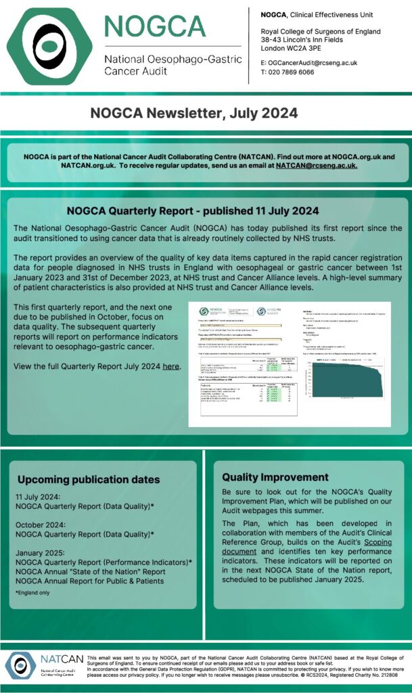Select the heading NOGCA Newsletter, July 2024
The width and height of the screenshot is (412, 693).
point(194,113)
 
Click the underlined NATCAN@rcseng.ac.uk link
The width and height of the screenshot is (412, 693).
point(316,165)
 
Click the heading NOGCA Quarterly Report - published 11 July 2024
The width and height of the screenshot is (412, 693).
point(193,210)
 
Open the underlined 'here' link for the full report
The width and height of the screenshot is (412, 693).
point(170,366)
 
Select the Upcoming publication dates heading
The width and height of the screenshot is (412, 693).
point(89,479)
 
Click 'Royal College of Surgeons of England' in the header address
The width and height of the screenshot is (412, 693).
point(321,32)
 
